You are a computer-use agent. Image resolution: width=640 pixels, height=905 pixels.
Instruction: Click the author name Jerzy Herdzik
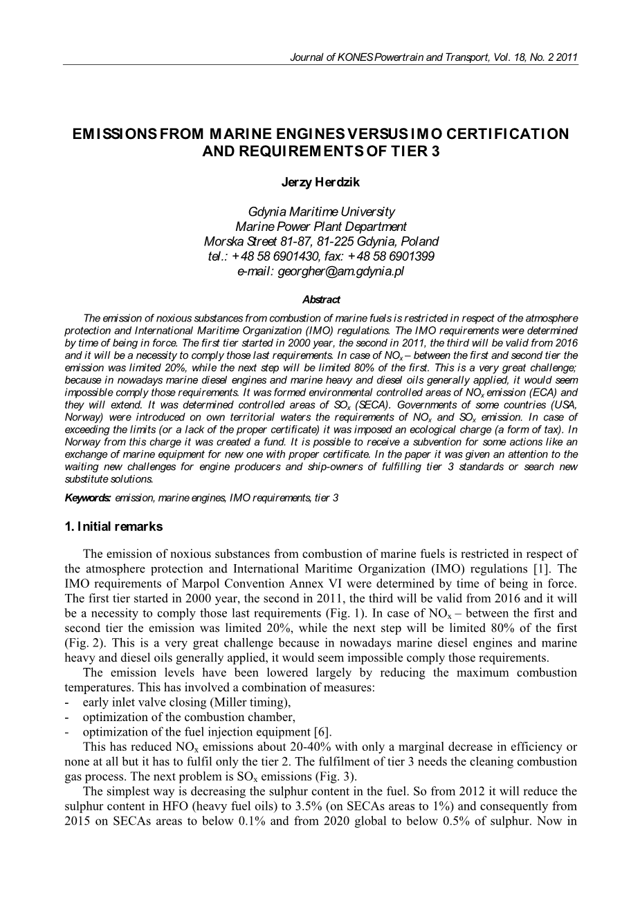point(320,183)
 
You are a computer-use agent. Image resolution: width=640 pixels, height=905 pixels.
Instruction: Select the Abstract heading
point(321,300)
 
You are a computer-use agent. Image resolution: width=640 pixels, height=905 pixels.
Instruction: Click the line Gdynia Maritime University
point(321,212)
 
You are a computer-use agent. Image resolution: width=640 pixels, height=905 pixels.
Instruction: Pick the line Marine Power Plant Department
point(321,227)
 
